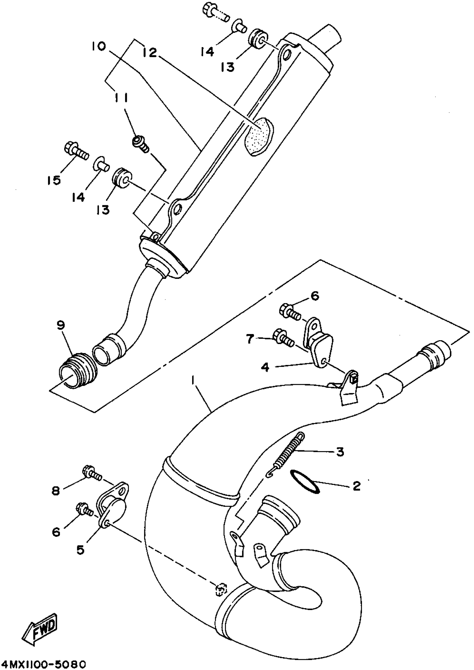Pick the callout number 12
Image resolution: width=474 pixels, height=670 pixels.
tap(150, 53)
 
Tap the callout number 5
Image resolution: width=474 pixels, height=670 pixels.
tap(80, 550)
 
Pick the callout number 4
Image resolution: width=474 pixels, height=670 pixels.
tap(265, 367)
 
